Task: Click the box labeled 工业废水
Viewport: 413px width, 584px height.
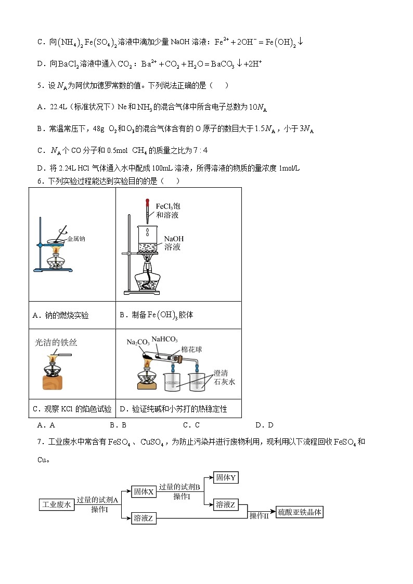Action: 57,504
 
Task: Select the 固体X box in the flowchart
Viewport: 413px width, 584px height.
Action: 144,491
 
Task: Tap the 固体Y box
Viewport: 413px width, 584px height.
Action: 226,477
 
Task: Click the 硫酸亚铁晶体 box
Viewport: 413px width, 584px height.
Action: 300,512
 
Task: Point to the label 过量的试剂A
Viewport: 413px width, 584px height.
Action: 98,500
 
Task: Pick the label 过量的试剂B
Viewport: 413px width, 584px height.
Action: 180,487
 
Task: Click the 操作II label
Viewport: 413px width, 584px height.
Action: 259,516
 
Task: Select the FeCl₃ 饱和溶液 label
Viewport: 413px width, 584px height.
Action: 167,211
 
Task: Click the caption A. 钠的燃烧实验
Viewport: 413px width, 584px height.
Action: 61,315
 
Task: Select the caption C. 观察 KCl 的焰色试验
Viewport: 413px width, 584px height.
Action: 72,409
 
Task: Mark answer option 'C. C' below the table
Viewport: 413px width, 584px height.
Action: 191,425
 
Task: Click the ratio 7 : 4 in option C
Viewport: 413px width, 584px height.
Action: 200,150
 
